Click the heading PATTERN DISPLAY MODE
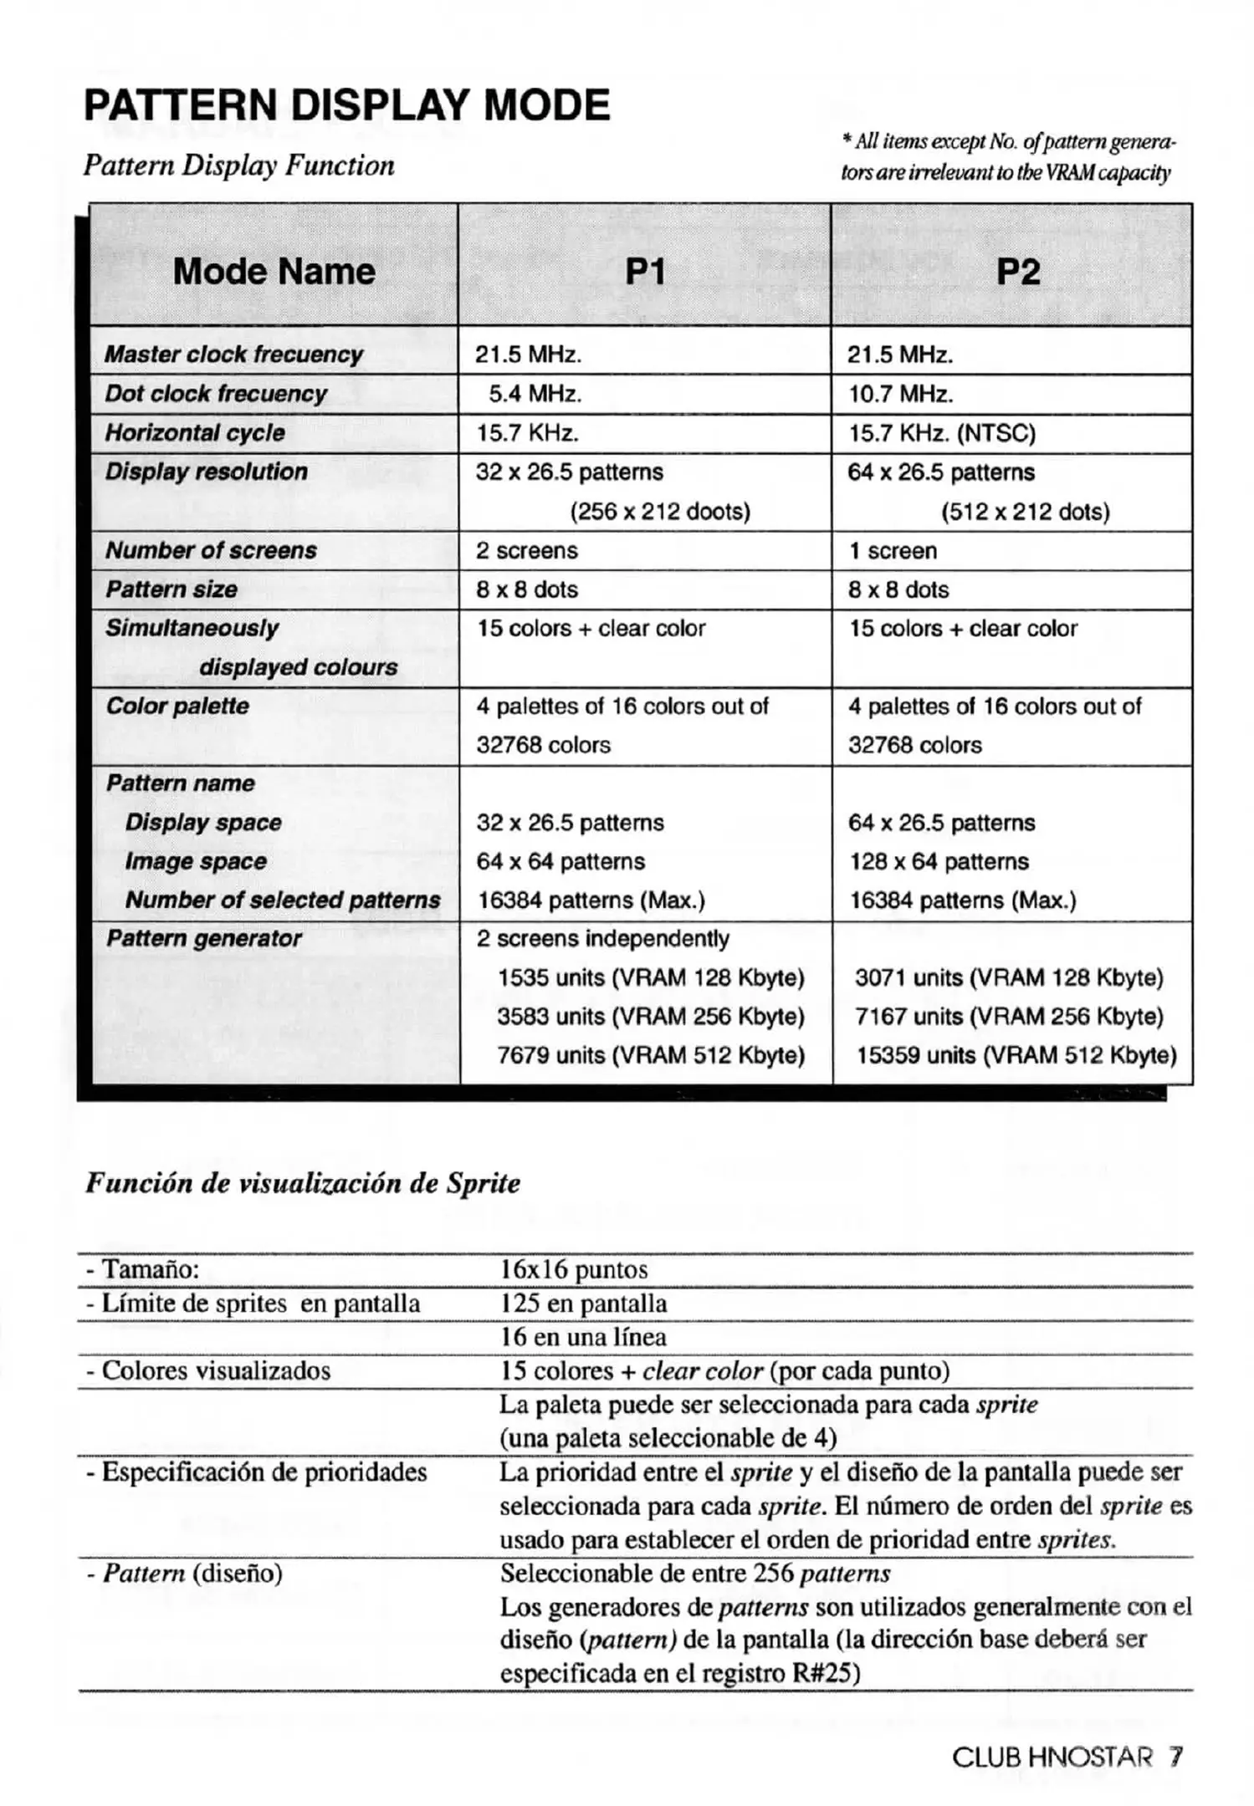347,105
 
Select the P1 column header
645,272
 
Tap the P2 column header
1018,272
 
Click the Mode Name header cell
274,272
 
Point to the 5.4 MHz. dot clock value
535,394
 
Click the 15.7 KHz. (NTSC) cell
941,433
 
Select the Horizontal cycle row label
195,433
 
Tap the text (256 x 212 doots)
660,511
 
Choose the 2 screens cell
527,550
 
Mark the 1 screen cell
893,550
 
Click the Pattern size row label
171,589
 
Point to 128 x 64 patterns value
939,861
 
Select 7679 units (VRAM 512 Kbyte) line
651,1055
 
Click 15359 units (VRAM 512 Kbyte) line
1016,1055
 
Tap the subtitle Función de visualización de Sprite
302,1183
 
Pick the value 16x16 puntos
574,1269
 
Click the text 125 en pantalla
583,1303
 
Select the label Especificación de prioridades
256,1472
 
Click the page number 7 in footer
1175,1757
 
